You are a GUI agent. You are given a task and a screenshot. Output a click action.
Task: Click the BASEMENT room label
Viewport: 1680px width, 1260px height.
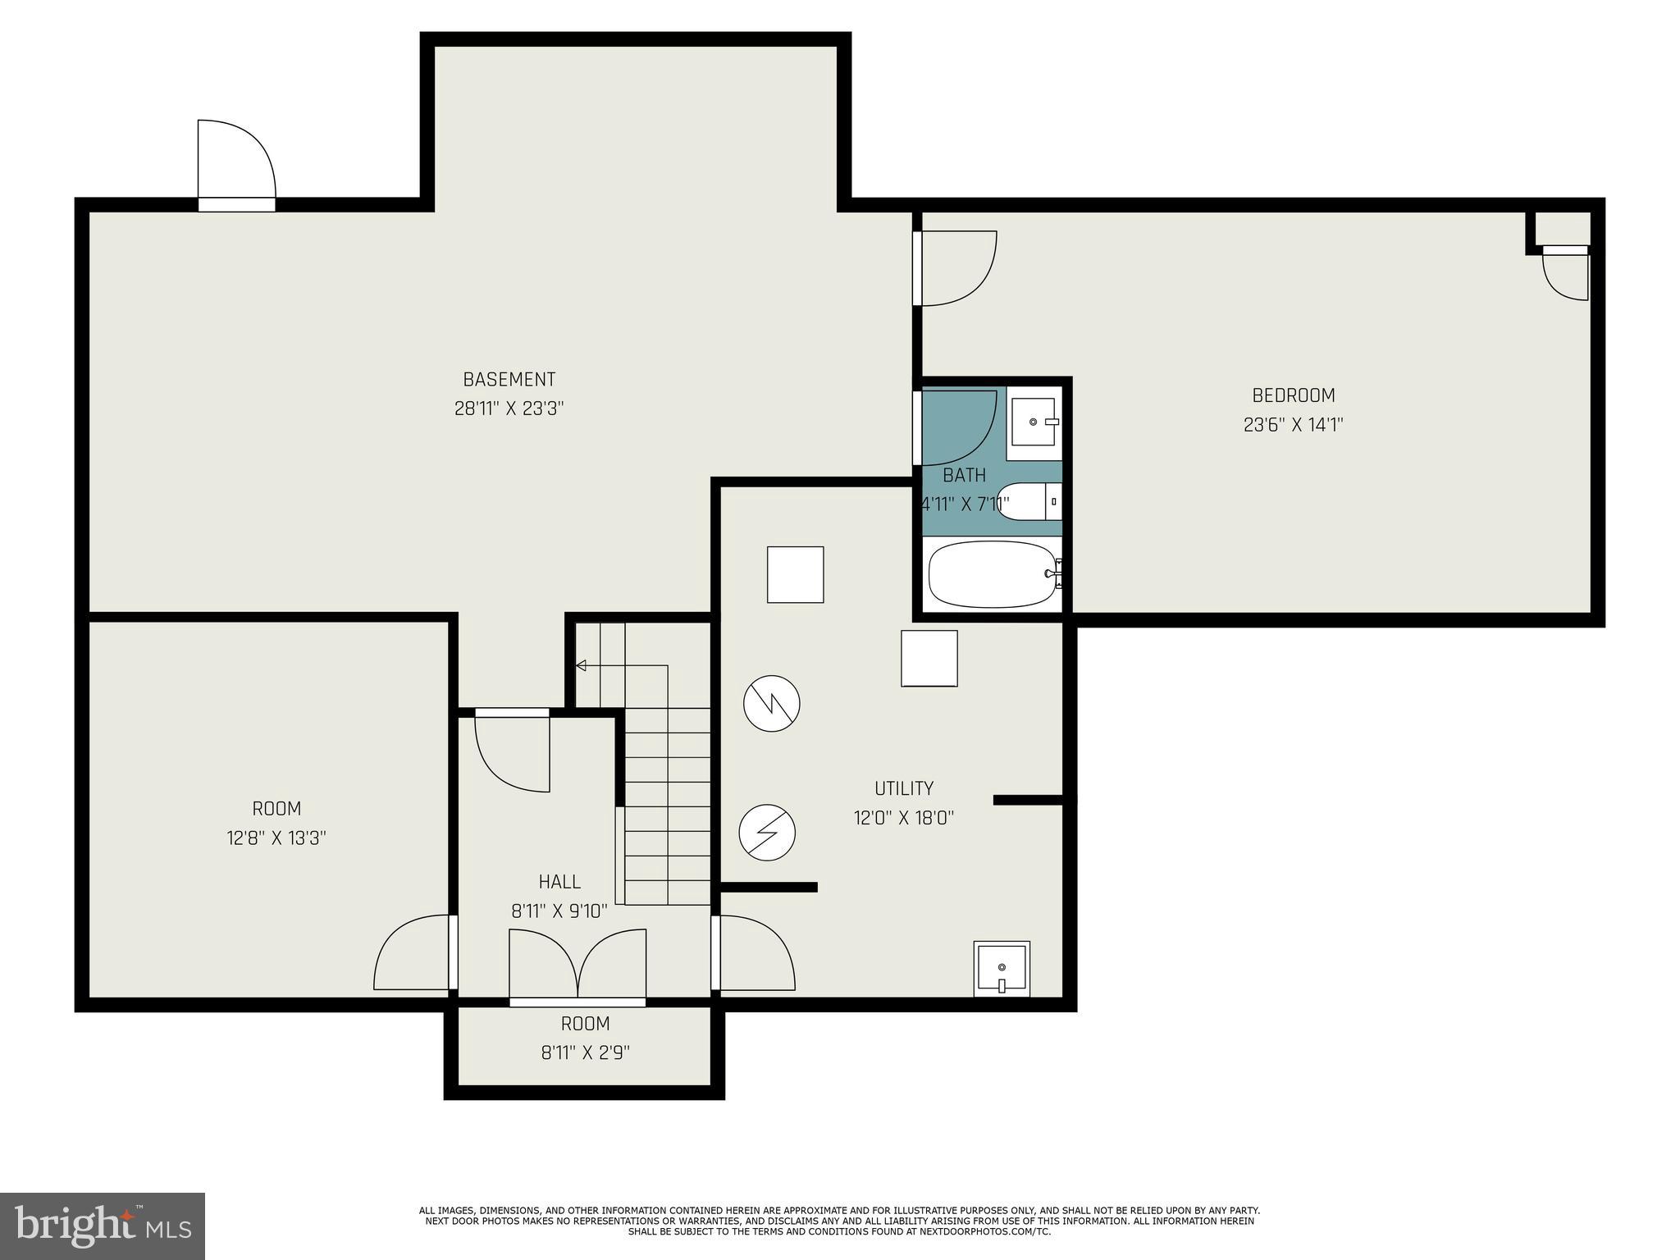pos(509,379)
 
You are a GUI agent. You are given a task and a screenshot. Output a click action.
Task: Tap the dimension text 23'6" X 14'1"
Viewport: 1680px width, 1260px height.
pos(1293,425)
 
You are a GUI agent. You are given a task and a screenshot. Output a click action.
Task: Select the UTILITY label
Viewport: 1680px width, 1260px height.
pos(903,788)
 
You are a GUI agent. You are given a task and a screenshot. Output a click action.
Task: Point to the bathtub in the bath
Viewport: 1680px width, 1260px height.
pos(993,574)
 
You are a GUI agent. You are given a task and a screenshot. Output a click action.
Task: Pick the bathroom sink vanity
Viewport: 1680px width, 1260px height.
pos(1034,422)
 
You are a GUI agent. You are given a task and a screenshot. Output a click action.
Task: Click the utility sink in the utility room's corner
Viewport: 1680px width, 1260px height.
pos(1002,969)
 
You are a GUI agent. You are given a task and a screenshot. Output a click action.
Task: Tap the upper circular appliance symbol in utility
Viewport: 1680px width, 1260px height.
pos(771,703)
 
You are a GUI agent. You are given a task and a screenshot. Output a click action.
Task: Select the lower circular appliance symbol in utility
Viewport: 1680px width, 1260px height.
pos(767,833)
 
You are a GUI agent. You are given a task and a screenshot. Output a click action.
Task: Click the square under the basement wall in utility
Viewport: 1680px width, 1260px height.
pos(795,574)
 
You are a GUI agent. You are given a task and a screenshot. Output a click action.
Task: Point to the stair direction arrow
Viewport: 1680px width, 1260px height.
pos(581,665)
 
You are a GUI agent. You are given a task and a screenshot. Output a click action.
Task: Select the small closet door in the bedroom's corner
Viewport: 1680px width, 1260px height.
pos(1566,273)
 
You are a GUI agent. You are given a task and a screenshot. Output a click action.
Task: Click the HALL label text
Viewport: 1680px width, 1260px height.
pos(559,882)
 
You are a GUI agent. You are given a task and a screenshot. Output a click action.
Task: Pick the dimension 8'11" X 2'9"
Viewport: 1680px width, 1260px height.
pos(585,1052)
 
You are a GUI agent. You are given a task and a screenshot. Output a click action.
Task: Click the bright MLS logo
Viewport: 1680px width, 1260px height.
pos(103,1226)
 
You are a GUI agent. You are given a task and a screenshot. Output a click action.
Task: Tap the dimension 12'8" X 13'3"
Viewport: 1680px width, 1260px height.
pos(276,838)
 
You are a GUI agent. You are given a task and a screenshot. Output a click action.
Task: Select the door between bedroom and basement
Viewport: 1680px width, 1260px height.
pos(954,268)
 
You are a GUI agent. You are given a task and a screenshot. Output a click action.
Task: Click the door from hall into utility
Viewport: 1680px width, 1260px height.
pos(756,953)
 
